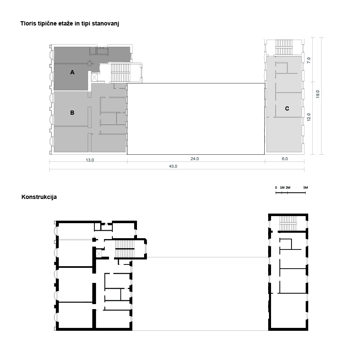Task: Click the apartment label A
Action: (x=72, y=72)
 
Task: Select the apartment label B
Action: (x=72, y=113)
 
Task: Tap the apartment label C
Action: (x=287, y=108)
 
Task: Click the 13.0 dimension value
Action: (x=90, y=160)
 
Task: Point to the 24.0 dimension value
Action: (x=195, y=159)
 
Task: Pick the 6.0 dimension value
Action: (x=285, y=159)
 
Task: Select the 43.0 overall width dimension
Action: (x=173, y=166)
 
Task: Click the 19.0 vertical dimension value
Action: (x=318, y=94)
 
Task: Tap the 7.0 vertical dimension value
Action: (x=309, y=60)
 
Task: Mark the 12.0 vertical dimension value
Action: (x=309, y=117)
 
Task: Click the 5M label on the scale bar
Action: (x=306, y=188)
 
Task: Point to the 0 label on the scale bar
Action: (x=276, y=188)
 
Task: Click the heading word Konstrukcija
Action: (x=39, y=197)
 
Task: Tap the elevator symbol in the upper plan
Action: (x=94, y=77)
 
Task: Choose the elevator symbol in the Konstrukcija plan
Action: (x=99, y=254)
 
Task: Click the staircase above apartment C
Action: (x=284, y=47)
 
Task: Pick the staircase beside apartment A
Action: (x=121, y=73)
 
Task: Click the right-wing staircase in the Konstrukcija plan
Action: (x=288, y=224)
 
